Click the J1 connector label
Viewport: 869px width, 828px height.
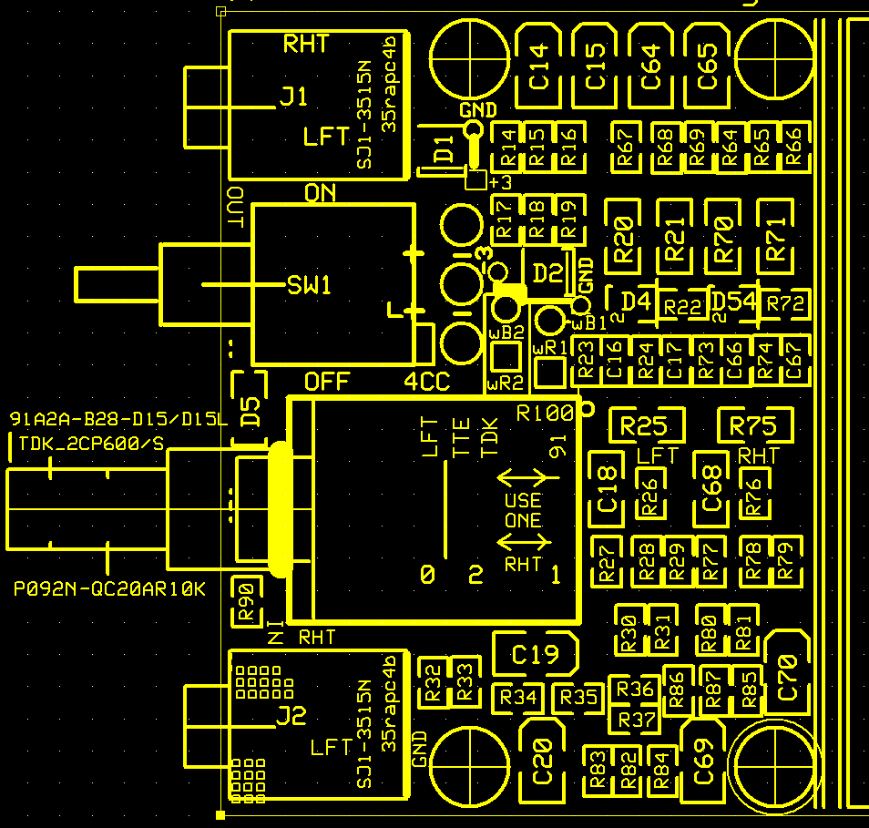(x=294, y=97)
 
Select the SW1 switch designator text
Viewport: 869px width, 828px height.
(x=310, y=285)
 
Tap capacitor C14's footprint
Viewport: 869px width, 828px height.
(x=539, y=66)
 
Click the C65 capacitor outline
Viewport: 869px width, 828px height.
(x=708, y=66)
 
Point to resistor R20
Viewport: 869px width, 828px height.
(x=624, y=234)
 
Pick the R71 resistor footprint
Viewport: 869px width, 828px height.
(x=776, y=234)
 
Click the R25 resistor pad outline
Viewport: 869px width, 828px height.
(x=643, y=425)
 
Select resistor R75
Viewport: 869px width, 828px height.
(x=753, y=425)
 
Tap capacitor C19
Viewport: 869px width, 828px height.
(x=535, y=654)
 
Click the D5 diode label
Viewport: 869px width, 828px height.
(x=250, y=413)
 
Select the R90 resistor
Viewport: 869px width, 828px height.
(x=245, y=602)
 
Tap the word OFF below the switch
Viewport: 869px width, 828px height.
(x=327, y=382)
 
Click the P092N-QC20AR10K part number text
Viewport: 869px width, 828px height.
(x=109, y=590)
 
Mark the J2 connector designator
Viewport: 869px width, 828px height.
(x=291, y=716)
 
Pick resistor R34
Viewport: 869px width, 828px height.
(x=518, y=699)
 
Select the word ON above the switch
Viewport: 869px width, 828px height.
(x=320, y=193)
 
